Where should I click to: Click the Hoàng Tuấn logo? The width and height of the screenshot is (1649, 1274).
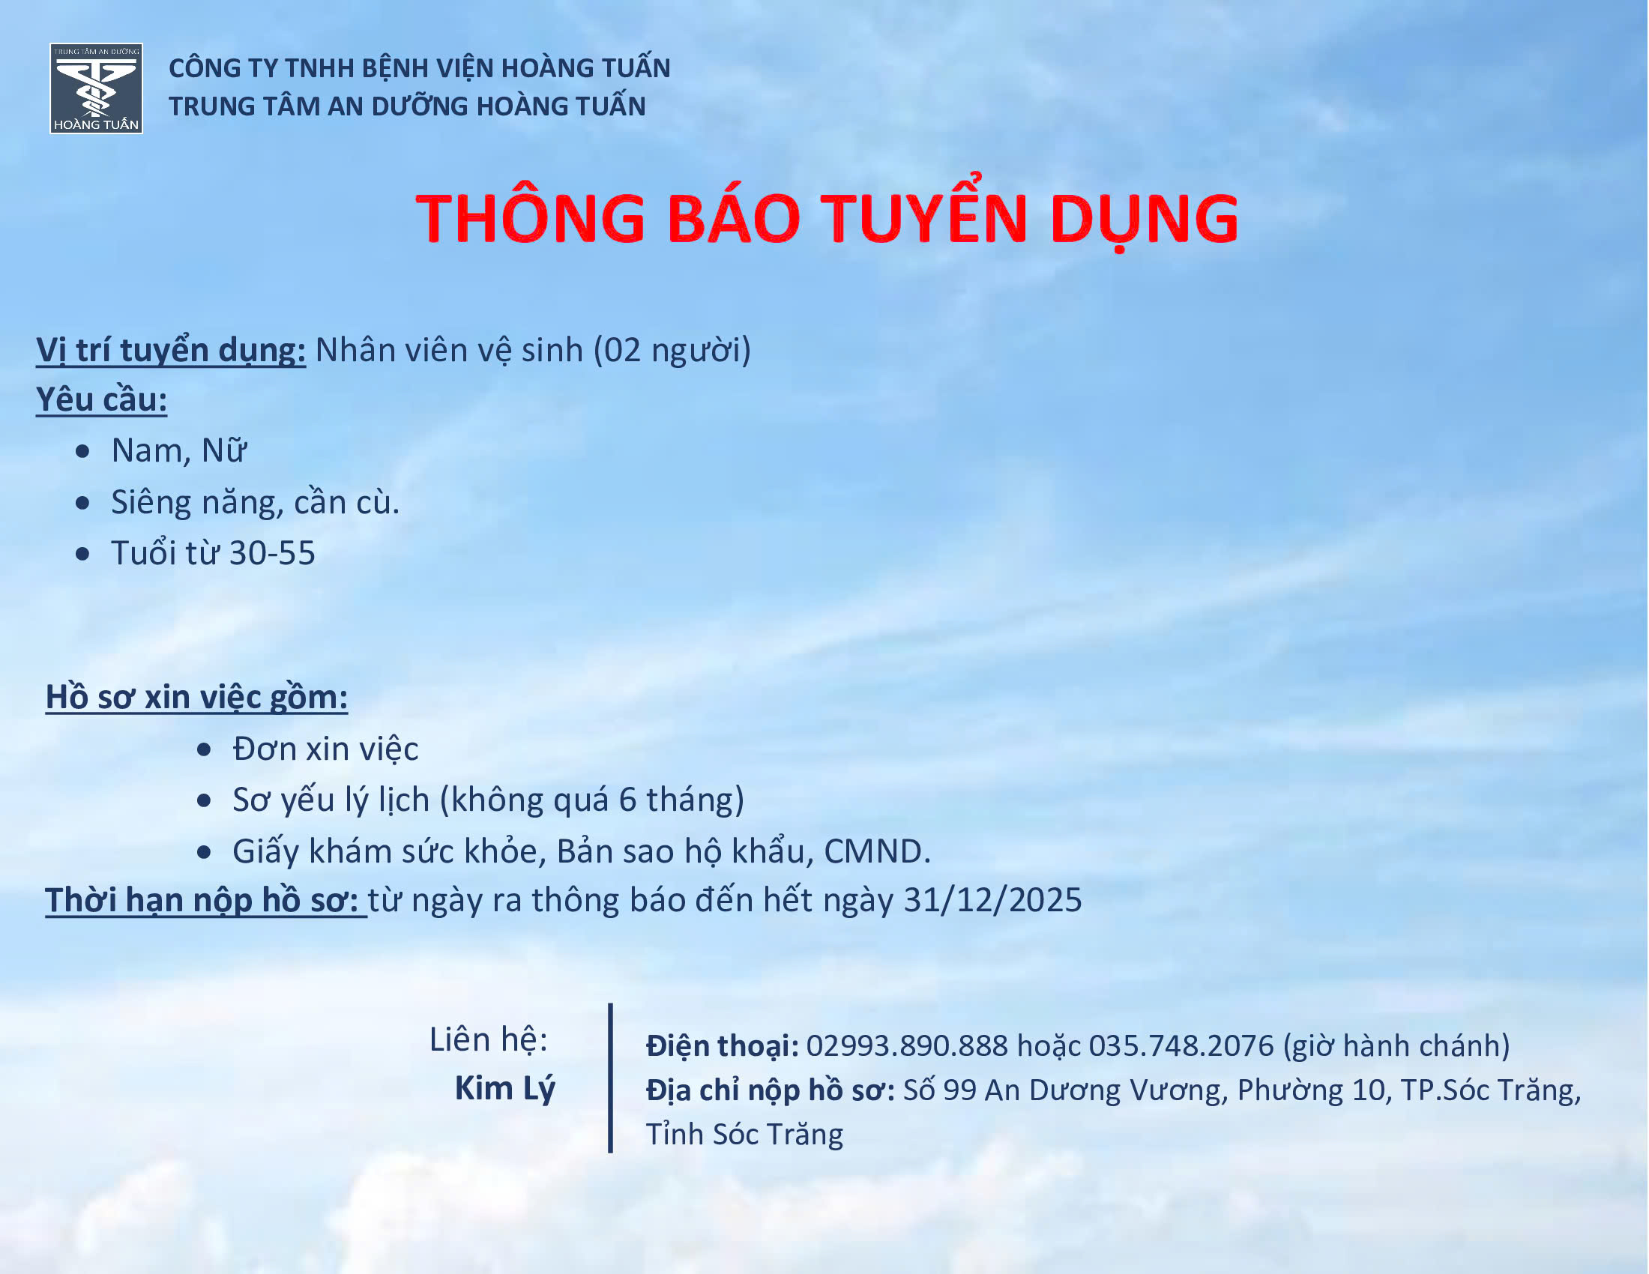tap(97, 88)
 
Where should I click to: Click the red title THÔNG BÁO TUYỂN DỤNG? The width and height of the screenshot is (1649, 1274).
tap(827, 218)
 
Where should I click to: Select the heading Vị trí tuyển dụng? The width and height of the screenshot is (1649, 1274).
tap(171, 350)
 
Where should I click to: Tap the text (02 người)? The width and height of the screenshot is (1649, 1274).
tap(672, 350)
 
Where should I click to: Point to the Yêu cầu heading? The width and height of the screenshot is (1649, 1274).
tap(101, 400)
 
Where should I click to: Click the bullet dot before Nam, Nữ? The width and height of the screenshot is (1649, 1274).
tap(83, 451)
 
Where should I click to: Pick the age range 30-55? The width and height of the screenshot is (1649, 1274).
tap(272, 553)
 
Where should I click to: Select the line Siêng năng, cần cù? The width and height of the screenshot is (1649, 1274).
tap(255, 503)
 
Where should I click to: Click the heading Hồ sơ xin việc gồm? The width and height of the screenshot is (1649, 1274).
tap(196, 698)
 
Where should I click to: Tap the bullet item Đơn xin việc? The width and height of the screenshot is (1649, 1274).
tap(325, 749)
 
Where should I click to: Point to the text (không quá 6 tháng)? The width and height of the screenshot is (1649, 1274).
tap(592, 800)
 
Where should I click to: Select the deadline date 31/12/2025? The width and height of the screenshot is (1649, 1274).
tap(992, 900)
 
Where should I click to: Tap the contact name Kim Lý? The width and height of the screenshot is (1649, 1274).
tap(504, 1088)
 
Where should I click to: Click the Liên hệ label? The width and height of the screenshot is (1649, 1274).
tap(489, 1040)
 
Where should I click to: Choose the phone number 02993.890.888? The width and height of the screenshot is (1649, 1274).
tap(907, 1046)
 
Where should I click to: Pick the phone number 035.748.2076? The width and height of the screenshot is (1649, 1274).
tap(1181, 1046)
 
